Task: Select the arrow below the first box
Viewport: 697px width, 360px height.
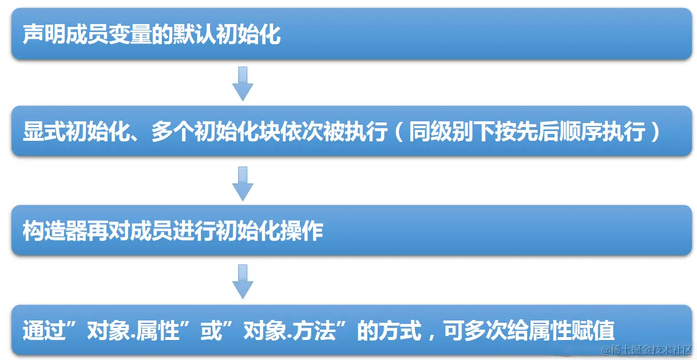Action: point(243,84)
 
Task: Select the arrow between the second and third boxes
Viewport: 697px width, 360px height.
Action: point(243,183)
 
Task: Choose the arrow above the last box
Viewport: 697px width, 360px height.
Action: point(243,281)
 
